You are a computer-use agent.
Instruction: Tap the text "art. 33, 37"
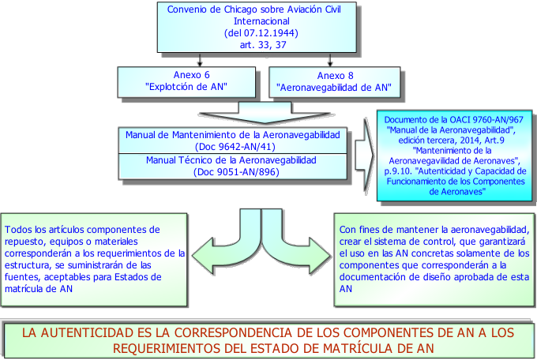coord(263,45)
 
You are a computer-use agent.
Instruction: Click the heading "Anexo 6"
coord(191,75)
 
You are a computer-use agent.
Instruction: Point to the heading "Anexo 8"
coord(335,76)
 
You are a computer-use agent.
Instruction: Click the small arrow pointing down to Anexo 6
coord(200,59)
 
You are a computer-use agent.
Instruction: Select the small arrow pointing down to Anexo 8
coord(330,59)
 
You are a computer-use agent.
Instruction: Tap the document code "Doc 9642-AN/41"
coord(235,147)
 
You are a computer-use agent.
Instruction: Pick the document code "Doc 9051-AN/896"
coord(236,171)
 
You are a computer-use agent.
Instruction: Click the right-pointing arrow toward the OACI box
coord(365,155)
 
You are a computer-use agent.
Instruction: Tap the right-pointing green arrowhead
coord(319,256)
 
